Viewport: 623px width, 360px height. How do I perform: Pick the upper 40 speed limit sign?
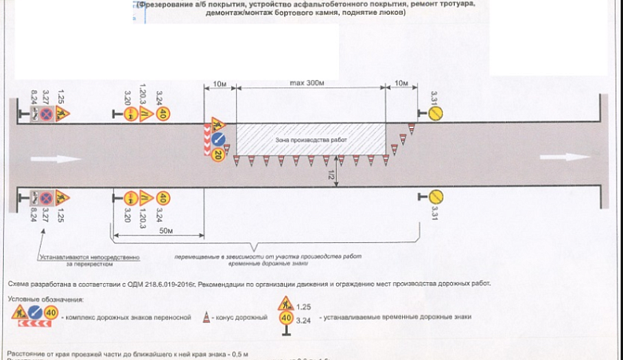click(163, 115)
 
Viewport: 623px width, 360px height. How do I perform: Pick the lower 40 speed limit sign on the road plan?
click(163, 197)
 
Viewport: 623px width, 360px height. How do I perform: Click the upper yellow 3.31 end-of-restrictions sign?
click(435, 114)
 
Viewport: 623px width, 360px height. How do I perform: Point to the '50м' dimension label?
click(166, 232)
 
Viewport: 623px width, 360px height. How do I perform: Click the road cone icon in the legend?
click(207, 317)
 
